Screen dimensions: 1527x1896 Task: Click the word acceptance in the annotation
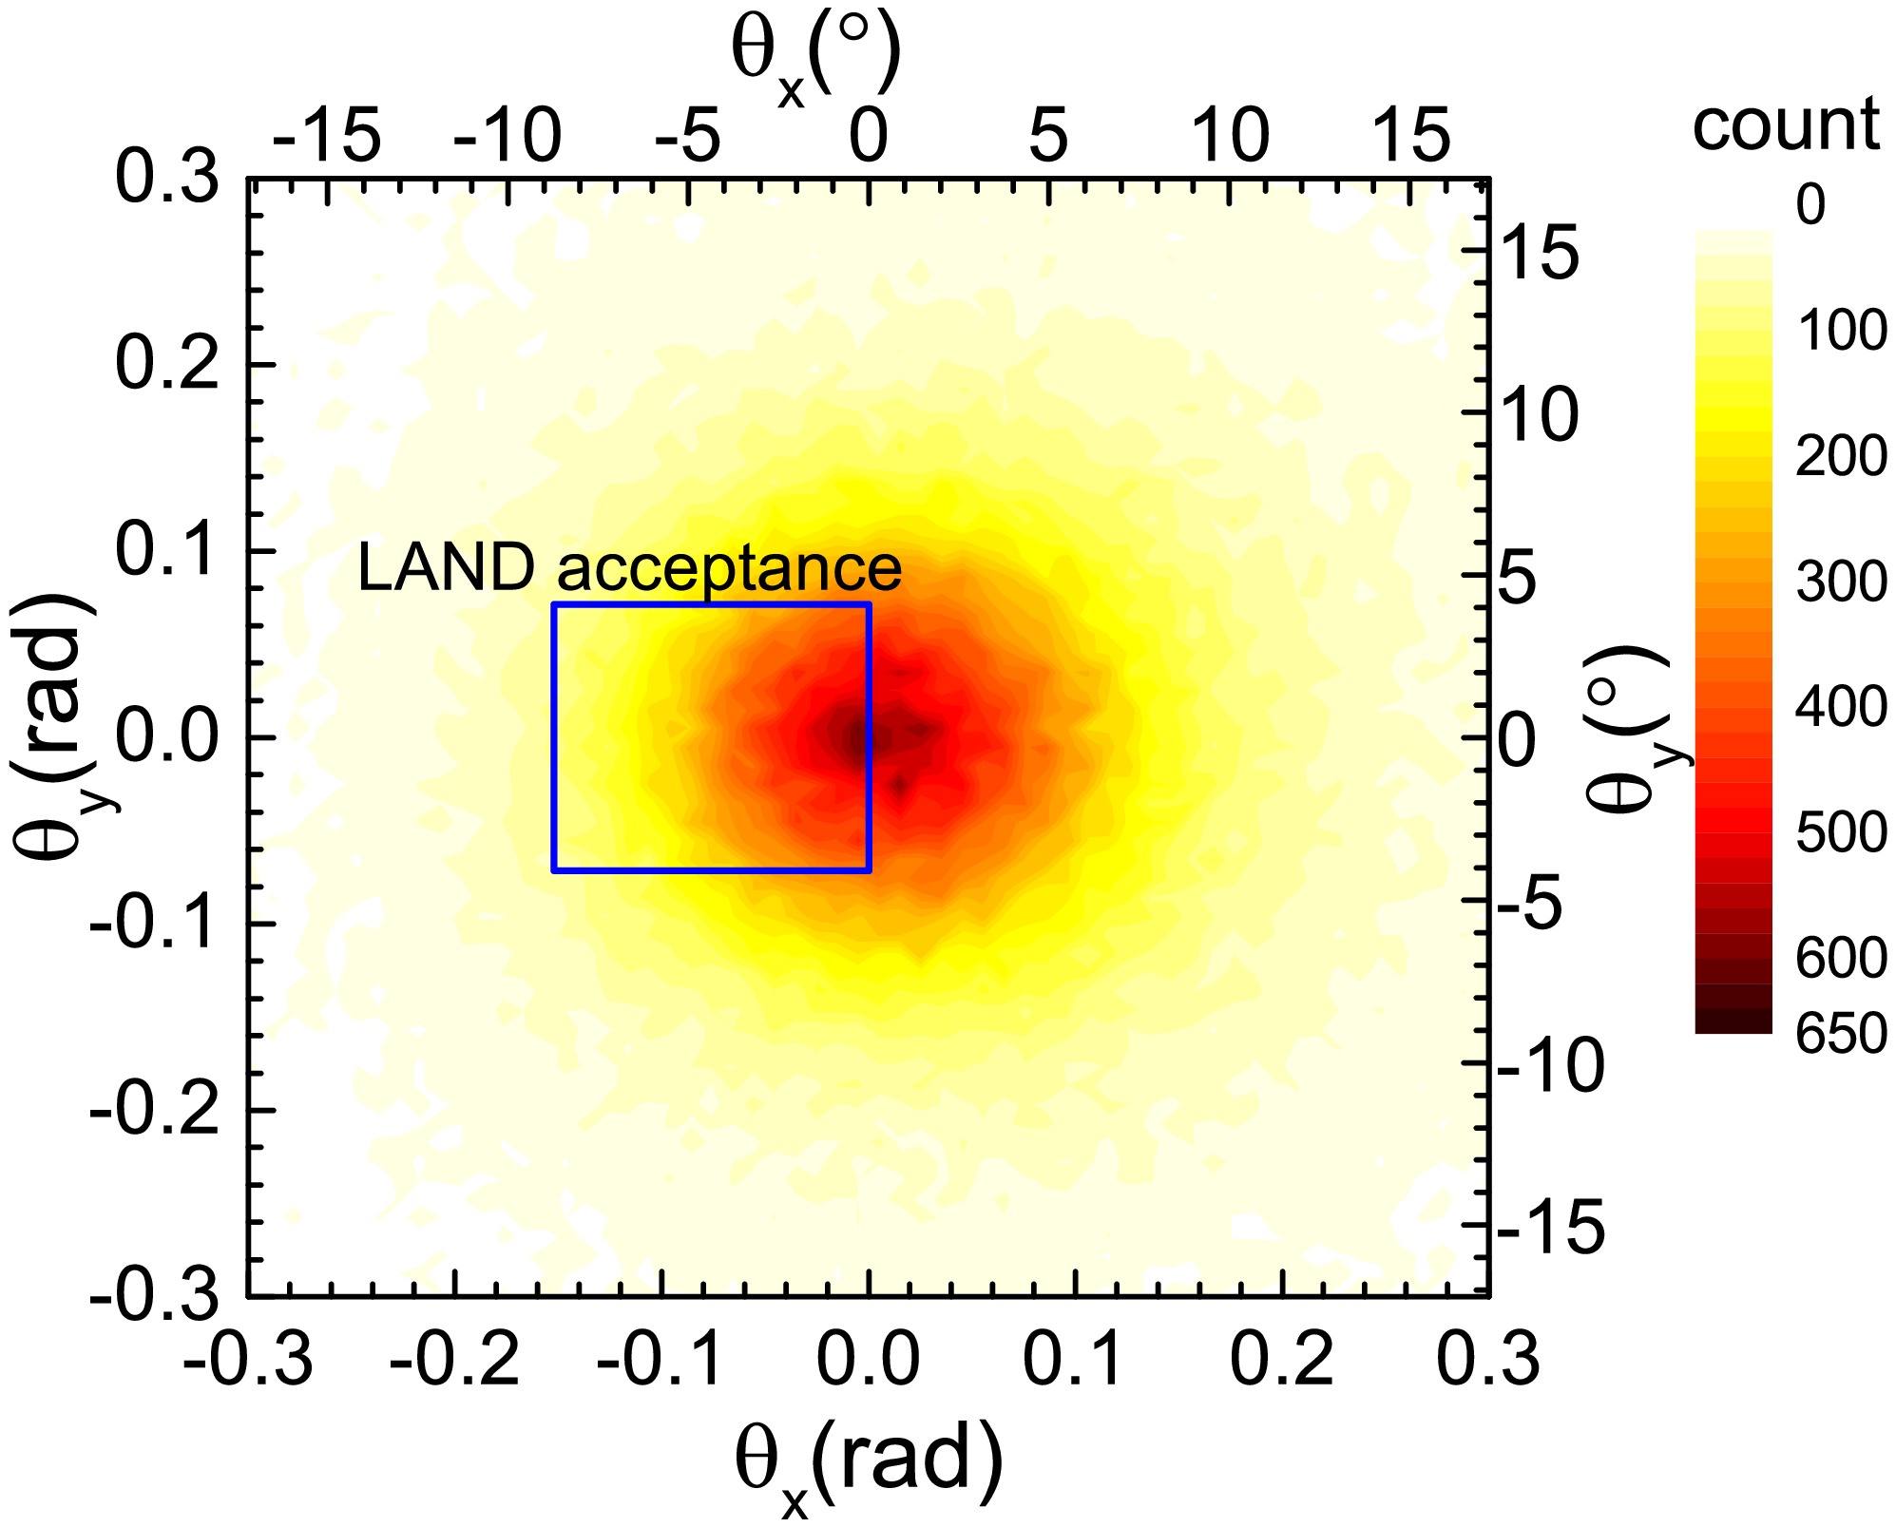729,569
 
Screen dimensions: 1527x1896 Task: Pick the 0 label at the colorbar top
1810,204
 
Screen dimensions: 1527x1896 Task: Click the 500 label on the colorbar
1841,832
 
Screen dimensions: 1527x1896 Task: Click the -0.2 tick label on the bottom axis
454,1359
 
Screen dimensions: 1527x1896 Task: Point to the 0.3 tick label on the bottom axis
1487,1359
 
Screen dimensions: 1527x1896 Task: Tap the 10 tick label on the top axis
1230,136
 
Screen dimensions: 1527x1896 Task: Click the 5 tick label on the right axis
1518,577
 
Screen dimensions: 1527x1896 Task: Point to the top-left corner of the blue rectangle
554,604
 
